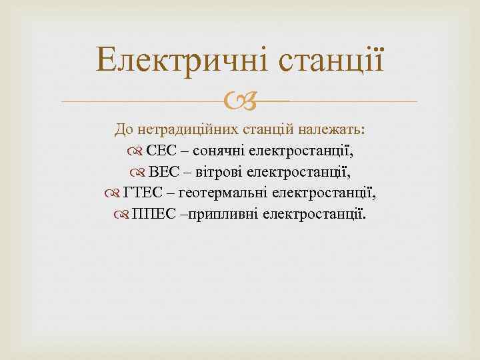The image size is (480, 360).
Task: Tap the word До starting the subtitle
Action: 124,129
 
